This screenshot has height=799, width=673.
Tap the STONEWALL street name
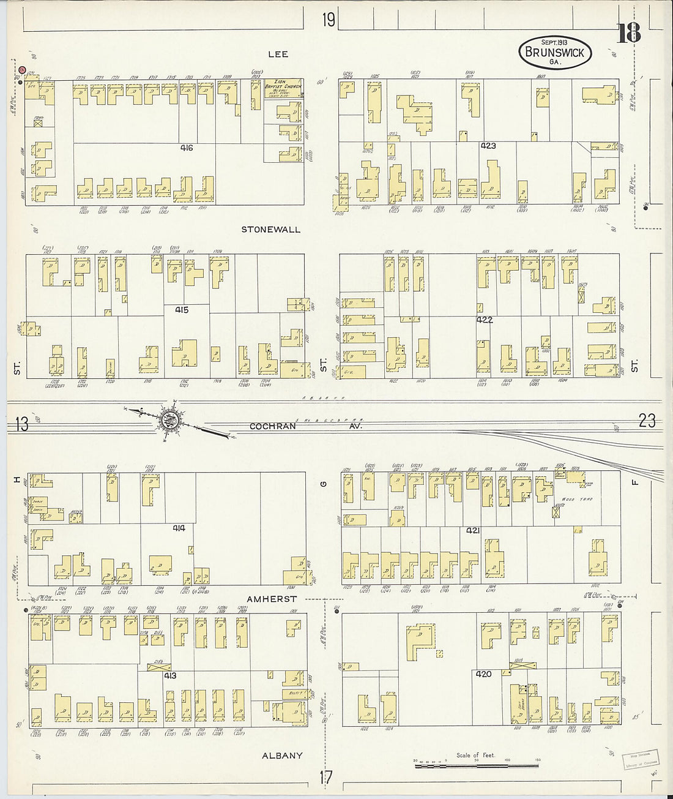[x=270, y=230]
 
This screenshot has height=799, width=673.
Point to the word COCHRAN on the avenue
[x=272, y=426]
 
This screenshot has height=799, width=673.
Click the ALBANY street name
[x=282, y=756]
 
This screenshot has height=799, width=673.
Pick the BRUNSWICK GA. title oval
[x=555, y=53]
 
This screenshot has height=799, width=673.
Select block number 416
[x=187, y=148]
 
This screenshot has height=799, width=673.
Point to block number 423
[x=488, y=146]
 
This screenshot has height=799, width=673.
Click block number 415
[x=181, y=310]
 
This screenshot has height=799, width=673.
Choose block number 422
[x=485, y=320]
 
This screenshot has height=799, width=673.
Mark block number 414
[x=179, y=528]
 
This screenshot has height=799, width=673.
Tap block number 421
[x=472, y=530]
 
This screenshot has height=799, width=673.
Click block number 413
[x=169, y=676]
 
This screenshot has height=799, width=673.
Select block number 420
[x=483, y=673]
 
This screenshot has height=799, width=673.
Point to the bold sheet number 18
[x=628, y=33]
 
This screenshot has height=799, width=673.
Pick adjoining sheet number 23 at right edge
[x=647, y=421]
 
